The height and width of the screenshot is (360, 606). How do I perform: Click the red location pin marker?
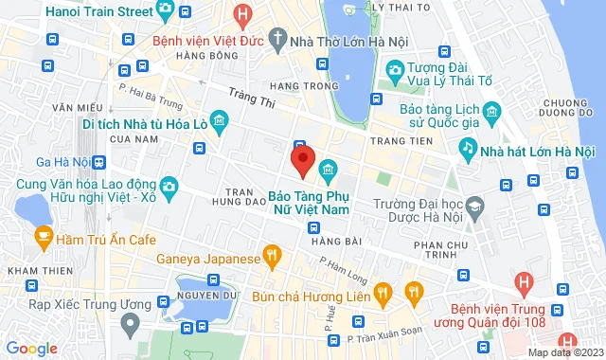302,160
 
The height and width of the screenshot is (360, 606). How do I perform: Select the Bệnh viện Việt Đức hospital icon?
244,14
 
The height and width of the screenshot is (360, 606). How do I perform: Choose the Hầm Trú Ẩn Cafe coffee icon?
44,239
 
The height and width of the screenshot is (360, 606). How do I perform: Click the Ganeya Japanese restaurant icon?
273,253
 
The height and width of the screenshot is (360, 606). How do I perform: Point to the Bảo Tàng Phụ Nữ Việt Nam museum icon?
329,170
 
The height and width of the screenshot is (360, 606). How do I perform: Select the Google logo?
30,349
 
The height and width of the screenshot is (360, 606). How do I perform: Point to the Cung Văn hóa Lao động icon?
169,185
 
